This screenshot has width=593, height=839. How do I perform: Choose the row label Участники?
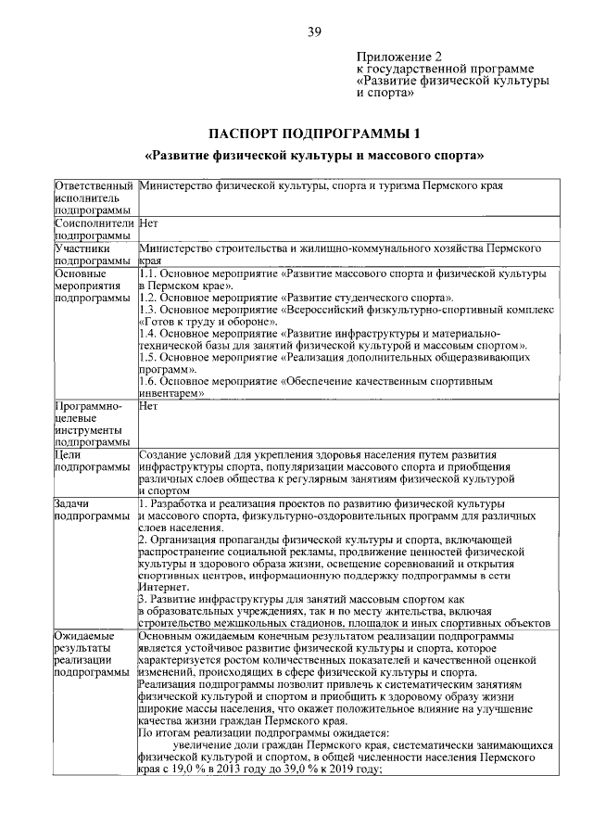tap(83, 248)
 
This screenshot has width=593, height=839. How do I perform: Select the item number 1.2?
tap(148, 297)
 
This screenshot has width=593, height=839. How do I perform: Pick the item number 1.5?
tap(148, 357)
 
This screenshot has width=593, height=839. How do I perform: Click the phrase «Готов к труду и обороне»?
tap(201, 321)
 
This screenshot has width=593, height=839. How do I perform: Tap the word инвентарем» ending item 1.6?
tap(170, 393)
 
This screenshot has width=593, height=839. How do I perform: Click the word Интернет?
tap(164, 588)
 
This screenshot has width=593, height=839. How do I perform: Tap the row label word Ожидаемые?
tap(84, 636)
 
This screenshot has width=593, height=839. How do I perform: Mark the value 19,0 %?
tap(194, 769)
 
